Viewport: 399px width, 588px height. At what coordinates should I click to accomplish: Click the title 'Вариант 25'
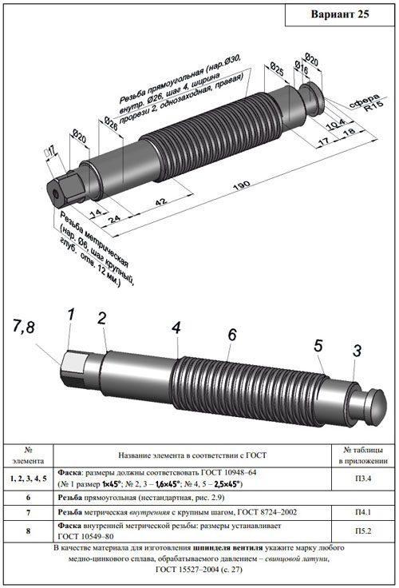pyautogui.click(x=339, y=14)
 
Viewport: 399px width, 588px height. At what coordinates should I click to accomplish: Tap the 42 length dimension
pyautogui.click(x=160, y=202)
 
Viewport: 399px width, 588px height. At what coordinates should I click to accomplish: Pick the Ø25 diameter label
pyautogui.click(x=277, y=69)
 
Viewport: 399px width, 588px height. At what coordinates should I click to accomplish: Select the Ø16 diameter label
pyautogui.click(x=301, y=67)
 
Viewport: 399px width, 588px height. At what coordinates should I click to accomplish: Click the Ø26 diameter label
pyautogui.click(x=110, y=123)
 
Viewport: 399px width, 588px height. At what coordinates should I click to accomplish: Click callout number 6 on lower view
pyautogui.click(x=232, y=335)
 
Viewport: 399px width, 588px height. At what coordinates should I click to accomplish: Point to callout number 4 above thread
pyautogui.click(x=176, y=328)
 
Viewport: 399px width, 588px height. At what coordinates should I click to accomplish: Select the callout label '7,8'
pyautogui.click(x=23, y=327)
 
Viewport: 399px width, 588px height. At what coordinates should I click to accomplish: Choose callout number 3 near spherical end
pyautogui.click(x=357, y=351)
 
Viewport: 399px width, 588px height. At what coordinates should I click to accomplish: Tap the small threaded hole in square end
pyautogui.click(x=55, y=195)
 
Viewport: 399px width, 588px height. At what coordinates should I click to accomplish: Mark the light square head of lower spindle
pyautogui.click(x=73, y=362)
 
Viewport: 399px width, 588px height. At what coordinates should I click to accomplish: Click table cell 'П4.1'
pyautogui.click(x=363, y=512)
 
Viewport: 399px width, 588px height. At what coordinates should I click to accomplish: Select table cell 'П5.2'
pyautogui.click(x=363, y=531)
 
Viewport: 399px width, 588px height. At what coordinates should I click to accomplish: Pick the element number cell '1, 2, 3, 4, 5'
pyautogui.click(x=29, y=479)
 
